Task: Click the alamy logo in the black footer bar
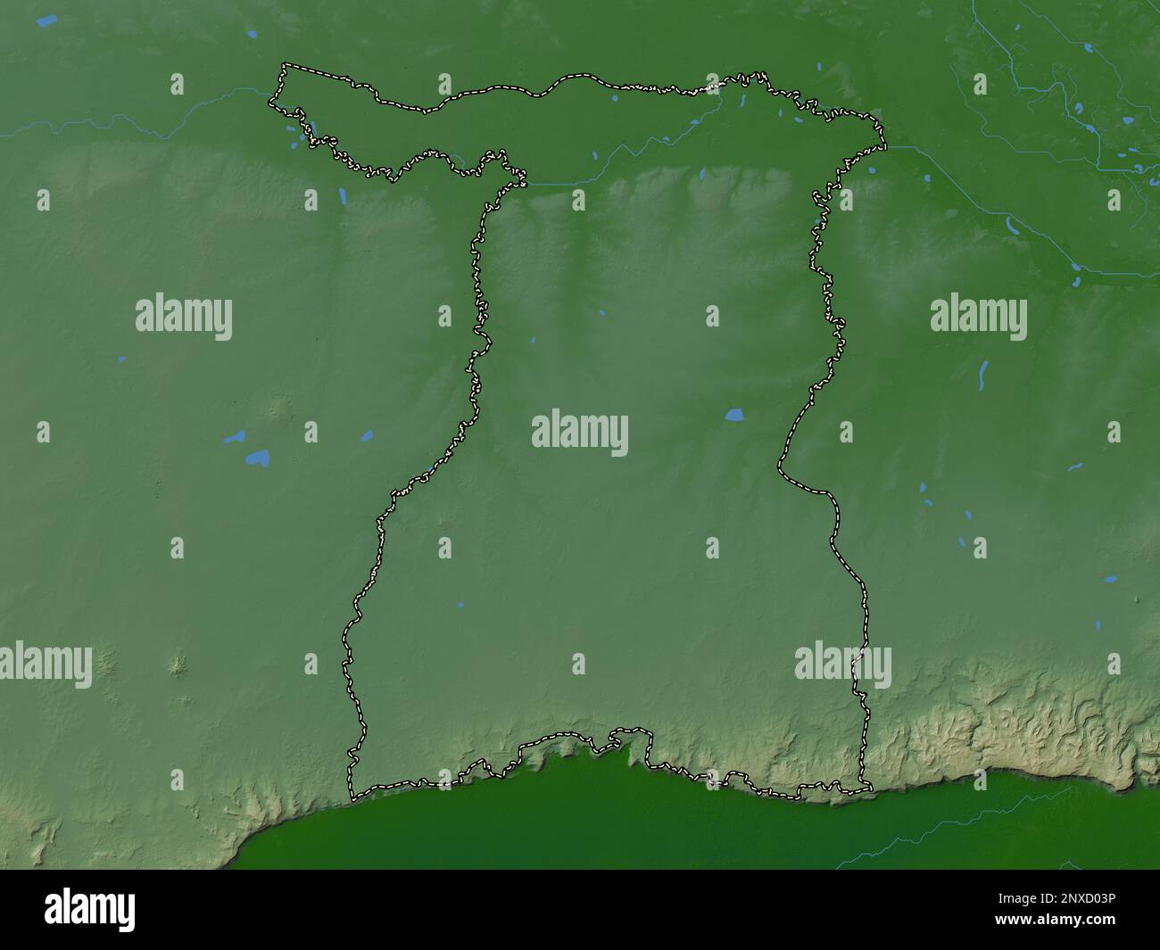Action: click(x=90, y=909)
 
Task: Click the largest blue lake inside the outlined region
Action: click(x=734, y=415)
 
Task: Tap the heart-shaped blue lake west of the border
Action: click(x=258, y=458)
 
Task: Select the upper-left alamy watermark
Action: click(x=184, y=318)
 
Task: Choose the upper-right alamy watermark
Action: click(x=978, y=318)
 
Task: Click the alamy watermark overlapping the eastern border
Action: click(x=842, y=665)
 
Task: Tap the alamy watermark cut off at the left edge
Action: click(x=45, y=665)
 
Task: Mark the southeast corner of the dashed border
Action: click(x=868, y=789)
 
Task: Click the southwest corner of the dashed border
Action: click(x=352, y=796)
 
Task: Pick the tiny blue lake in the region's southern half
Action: click(x=460, y=605)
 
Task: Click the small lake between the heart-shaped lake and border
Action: click(x=366, y=436)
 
